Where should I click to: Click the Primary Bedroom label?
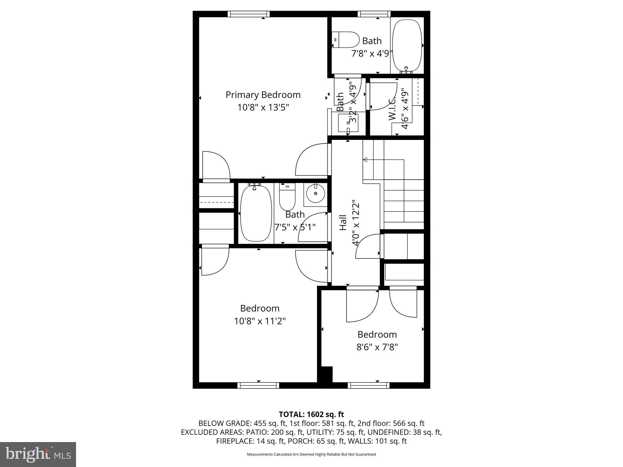click(x=263, y=95)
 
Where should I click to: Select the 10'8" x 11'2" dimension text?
click(x=260, y=321)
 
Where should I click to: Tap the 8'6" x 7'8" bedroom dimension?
click(x=377, y=347)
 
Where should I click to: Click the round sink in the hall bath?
click(x=315, y=193)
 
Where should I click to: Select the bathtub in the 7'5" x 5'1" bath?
click(x=256, y=213)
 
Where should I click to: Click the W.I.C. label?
click(x=392, y=109)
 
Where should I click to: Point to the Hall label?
click(x=343, y=223)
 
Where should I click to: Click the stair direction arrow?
click(x=365, y=160)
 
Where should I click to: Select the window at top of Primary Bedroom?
click(x=249, y=14)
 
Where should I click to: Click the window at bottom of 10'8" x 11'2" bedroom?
click(x=258, y=385)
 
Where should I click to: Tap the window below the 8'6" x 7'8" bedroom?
click(x=368, y=385)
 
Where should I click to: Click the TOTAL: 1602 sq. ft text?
click(x=311, y=414)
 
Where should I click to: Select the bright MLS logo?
click(x=38, y=454)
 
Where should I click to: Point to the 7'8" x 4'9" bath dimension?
click(x=372, y=54)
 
